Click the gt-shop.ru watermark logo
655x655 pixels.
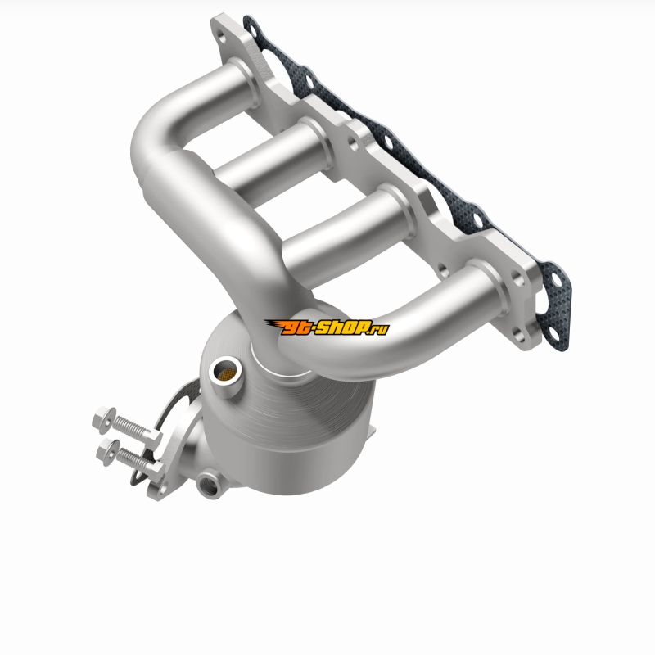point(327,327)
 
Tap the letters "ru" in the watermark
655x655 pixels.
point(379,330)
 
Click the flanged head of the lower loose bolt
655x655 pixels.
point(107,452)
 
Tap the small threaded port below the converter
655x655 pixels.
point(209,483)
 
